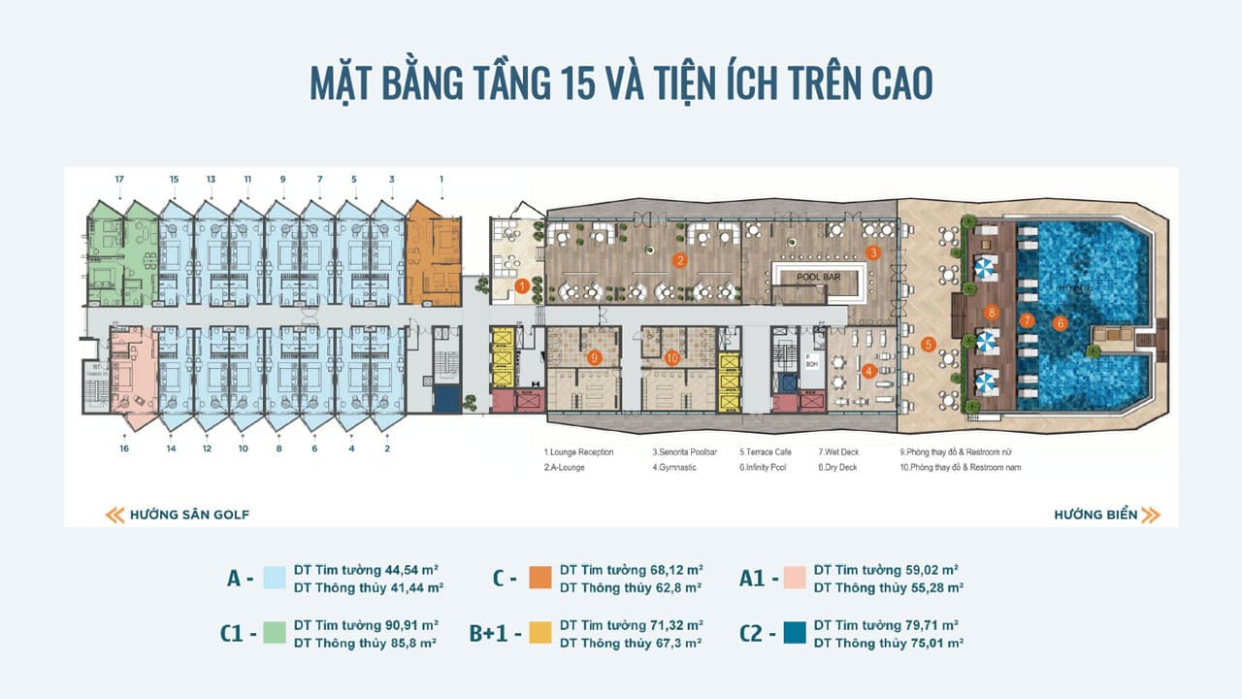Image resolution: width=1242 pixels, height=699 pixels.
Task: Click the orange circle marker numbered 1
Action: point(522,286)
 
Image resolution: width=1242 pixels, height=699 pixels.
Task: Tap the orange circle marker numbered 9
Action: point(595,357)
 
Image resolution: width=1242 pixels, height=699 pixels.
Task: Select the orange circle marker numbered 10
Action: point(671,357)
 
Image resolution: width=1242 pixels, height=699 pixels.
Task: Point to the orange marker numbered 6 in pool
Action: point(1060,323)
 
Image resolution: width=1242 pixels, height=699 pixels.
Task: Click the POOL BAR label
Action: point(820,276)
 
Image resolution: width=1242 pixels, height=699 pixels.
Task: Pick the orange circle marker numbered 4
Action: point(869,370)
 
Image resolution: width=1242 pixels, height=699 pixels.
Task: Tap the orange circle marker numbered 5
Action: point(929,344)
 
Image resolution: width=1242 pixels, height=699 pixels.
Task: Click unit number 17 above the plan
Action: point(119,180)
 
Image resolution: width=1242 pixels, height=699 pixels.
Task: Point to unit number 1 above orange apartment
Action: point(441,180)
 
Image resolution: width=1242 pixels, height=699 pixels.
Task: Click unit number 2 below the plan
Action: point(388,449)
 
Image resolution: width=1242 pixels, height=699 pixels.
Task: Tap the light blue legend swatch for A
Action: point(274,579)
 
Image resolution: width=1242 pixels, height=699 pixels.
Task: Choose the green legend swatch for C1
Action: point(274,634)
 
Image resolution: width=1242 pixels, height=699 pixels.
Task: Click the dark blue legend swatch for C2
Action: point(793,634)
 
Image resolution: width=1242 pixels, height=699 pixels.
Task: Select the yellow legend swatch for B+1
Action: point(540,634)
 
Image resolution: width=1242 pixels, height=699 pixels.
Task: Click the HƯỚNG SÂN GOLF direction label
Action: point(189,515)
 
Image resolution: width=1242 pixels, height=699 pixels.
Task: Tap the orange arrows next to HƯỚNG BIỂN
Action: point(1151,515)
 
